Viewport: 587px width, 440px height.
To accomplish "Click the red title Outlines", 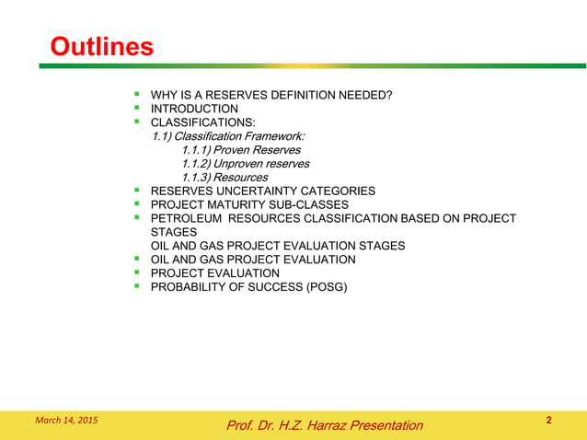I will coord(101,47).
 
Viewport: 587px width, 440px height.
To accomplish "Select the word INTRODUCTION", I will coord(194,108).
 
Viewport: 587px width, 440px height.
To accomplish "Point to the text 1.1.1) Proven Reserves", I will coord(235,149).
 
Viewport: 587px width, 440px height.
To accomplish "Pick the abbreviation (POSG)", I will coord(327,287).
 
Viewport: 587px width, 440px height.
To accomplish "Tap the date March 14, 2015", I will coord(65,421).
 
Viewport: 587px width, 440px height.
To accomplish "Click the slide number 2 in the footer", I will coord(548,421).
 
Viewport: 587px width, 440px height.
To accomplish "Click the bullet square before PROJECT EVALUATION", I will coord(136,272).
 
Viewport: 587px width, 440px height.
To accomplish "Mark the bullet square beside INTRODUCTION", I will coord(136,107).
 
